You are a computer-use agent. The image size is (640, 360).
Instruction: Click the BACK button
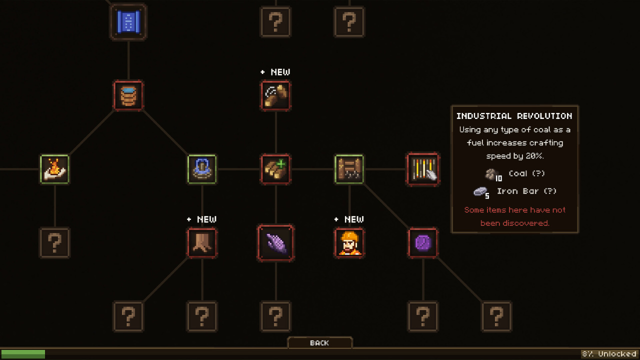pyautogui.click(x=319, y=342)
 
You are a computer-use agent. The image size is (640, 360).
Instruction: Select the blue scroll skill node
pyautogui.click(x=128, y=22)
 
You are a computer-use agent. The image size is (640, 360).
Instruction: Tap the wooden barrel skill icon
pyautogui.click(x=128, y=95)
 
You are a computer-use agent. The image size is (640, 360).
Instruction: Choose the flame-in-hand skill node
pyautogui.click(x=54, y=169)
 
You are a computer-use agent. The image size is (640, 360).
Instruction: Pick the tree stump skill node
pyautogui.click(x=202, y=243)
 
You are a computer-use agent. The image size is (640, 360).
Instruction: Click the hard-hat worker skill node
pyautogui.click(x=349, y=243)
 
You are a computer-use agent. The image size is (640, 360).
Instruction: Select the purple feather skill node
pyautogui.click(x=275, y=243)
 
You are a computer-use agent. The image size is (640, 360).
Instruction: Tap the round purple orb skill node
pyautogui.click(x=423, y=243)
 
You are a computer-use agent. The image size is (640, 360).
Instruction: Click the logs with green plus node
pyautogui.click(x=275, y=169)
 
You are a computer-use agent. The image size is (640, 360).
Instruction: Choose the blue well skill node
pyautogui.click(x=202, y=169)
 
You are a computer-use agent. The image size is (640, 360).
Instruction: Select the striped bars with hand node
pyautogui.click(x=423, y=169)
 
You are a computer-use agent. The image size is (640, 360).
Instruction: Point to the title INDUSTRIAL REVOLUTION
pyautogui.click(x=514, y=116)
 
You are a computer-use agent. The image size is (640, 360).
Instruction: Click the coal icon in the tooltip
pyautogui.click(x=491, y=174)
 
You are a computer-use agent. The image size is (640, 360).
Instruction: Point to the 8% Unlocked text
pyautogui.click(x=609, y=354)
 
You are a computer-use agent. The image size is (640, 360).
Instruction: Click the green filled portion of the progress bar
pyautogui.click(x=23, y=354)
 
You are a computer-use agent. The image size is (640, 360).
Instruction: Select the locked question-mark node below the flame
pyautogui.click(x=54, y=243)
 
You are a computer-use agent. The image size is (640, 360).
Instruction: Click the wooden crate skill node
pyautogui.click(x=349, y=169)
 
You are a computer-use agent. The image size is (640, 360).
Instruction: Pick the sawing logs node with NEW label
pyautogui.click(x=275, y=95)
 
